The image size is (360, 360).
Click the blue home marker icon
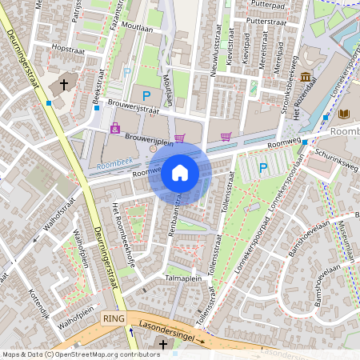pyautogui.click(x=180, y=173)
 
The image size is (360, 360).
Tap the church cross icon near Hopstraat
pyautogui.click(x=63, y=84)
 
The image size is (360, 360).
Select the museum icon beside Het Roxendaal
pyautogui.click(x=306, y=77)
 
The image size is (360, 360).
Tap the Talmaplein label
pyautogui.click(x=183, y=278)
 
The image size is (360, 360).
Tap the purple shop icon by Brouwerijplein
pyautogui.click(x=115, y=128)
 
